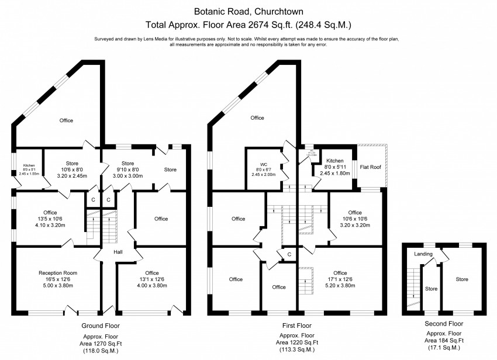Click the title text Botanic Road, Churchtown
(x=248, y=11)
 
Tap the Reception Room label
(x=58, y=273)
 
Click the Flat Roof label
(x=371, y=167)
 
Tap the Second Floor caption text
(x=444, y=323)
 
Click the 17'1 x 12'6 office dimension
(x=340, y=280)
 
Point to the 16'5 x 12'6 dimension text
(x=58, y=280)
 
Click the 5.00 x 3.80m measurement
(x=58, y=287)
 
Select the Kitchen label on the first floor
(x=334, y=160)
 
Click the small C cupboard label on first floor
(x=288, y=255)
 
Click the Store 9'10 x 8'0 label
(x=127, y=164)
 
